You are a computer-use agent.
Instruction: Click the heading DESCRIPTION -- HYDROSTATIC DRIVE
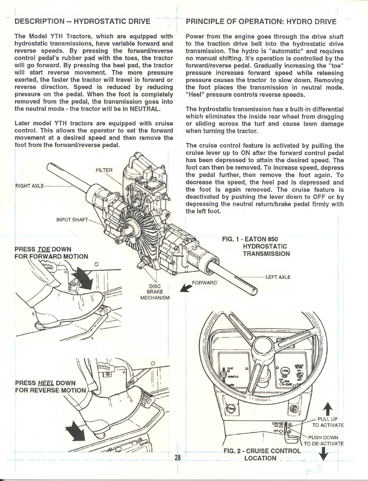[x=83, y=21]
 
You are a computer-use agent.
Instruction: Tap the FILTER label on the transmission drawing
[x=104, y=170]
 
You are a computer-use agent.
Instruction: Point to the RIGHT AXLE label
[x=29, y=185]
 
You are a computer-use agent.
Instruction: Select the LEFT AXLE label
[x=278, y=277]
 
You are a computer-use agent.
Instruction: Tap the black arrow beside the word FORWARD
[x=185, y=288]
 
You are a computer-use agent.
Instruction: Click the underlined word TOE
[x=44, y=249]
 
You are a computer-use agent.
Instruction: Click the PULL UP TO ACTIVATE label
[x=328, y=422]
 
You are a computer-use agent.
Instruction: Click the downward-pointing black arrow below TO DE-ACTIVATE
[x=324, y=454]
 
